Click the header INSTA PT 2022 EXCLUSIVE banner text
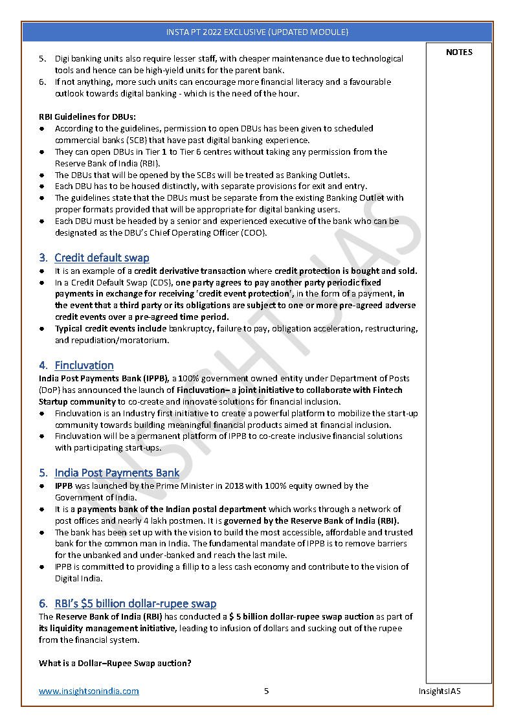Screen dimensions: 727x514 click(x=257, y=32)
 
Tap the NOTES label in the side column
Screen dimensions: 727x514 click(x=459, y=52)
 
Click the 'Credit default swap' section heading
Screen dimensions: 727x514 click(x=102, y=258)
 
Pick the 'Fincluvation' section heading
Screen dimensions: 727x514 click(x=84, y=365)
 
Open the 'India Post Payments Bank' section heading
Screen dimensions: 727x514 click(x=117, y=473)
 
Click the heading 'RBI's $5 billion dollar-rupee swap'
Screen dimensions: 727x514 click(x=135, y=603)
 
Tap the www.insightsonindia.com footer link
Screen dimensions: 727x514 click(x=89, y=691)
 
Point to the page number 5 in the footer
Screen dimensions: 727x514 click(x=266, y=691)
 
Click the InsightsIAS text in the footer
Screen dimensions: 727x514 click(x=440, y=691)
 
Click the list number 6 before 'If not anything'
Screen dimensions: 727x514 click(x=42, y=82)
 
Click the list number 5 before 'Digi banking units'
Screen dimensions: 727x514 click(x=42, y=59)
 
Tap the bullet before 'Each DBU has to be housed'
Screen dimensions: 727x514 click(x=42, y=186)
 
